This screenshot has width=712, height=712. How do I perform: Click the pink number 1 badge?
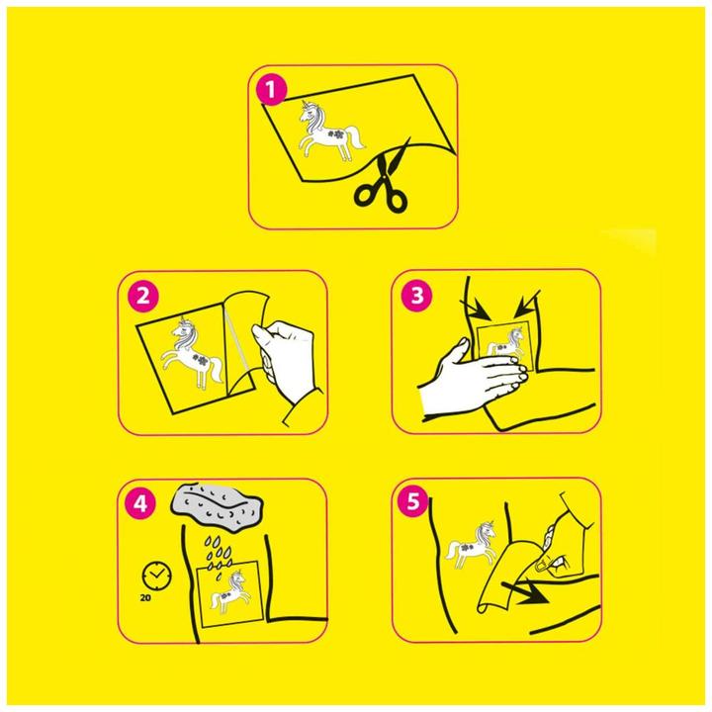(x=271, y=89)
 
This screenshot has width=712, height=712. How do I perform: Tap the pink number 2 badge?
(x=142, y=297)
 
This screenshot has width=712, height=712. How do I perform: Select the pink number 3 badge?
(x=416, y=296)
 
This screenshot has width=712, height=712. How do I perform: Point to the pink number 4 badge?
(x=140, y=503)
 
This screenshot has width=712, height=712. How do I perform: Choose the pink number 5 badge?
(x=412, y=502)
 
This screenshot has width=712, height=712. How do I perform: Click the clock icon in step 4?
(x=156, y=576)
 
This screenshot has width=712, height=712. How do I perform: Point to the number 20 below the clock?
(x=145, y=598)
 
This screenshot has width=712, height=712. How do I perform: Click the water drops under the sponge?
(x=218, y=556)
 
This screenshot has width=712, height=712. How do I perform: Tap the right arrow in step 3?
(x=527, y=305)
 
